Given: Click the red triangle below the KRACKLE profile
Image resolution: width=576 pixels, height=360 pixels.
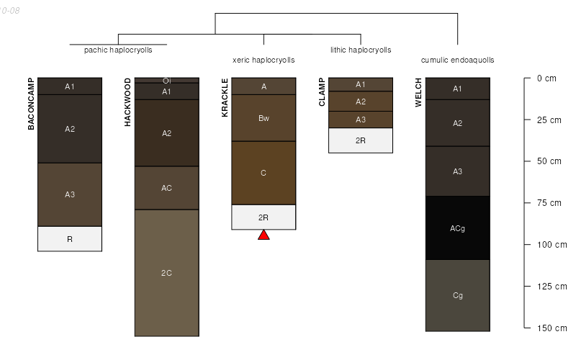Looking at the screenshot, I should [264, 235].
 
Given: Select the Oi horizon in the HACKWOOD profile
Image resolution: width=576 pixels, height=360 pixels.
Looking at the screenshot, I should [166, 81].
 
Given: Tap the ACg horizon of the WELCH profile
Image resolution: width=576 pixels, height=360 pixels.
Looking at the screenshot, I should [457, 228].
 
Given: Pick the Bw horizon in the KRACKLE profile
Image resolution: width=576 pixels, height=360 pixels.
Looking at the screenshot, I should [264, 118].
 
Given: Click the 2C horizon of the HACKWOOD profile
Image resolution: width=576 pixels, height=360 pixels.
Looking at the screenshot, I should [166, 272].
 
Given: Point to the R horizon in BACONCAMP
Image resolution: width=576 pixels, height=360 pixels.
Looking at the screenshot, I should [70, 239].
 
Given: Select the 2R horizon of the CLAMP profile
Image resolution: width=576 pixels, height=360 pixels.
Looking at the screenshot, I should [361, 140].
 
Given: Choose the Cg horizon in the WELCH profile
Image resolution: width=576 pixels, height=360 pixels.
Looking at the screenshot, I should [457, 295].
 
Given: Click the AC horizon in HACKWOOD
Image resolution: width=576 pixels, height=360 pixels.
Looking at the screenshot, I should [166, 188].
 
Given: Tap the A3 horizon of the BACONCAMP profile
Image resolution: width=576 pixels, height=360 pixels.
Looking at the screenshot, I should [70, 194].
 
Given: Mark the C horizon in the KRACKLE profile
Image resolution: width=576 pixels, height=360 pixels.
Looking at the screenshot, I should [264, 173].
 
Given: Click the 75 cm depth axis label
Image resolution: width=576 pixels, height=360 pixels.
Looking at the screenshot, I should [549, 203].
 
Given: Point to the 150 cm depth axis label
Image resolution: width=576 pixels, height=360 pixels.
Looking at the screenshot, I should [551, 328].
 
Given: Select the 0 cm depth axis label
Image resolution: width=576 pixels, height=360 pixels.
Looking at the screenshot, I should [546, 78].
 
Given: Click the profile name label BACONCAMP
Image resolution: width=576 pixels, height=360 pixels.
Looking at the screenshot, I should [31, 104].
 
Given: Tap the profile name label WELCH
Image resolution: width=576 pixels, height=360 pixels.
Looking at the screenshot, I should [418, 92].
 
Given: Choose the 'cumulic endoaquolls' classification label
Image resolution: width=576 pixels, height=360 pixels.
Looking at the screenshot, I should [457, 60].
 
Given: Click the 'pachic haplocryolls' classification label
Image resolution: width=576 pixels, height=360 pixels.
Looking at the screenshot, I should [118, 50].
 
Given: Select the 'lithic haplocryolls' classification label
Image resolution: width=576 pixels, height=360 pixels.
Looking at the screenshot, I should [361, 50].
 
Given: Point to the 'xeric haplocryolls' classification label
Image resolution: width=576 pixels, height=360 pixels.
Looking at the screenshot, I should [264, 60].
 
